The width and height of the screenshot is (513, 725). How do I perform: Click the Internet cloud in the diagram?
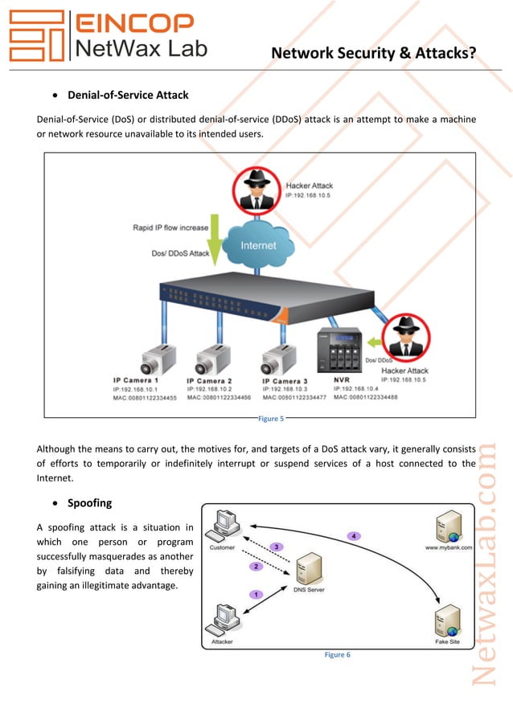[x=257, y=244]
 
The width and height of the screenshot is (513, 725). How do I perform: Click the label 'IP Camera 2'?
[x=209, y=380]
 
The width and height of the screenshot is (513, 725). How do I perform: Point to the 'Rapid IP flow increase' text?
[x=170, y=227]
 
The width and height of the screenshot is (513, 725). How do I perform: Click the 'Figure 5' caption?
[x=270, y=418]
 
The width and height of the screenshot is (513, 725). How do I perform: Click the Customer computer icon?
[x=224, y=526]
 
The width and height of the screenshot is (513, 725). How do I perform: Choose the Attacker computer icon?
[x=221, y=622]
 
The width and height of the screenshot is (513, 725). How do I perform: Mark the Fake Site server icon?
[x=447, y=621]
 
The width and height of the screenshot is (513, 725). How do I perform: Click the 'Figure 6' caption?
[x=337, y=655]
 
